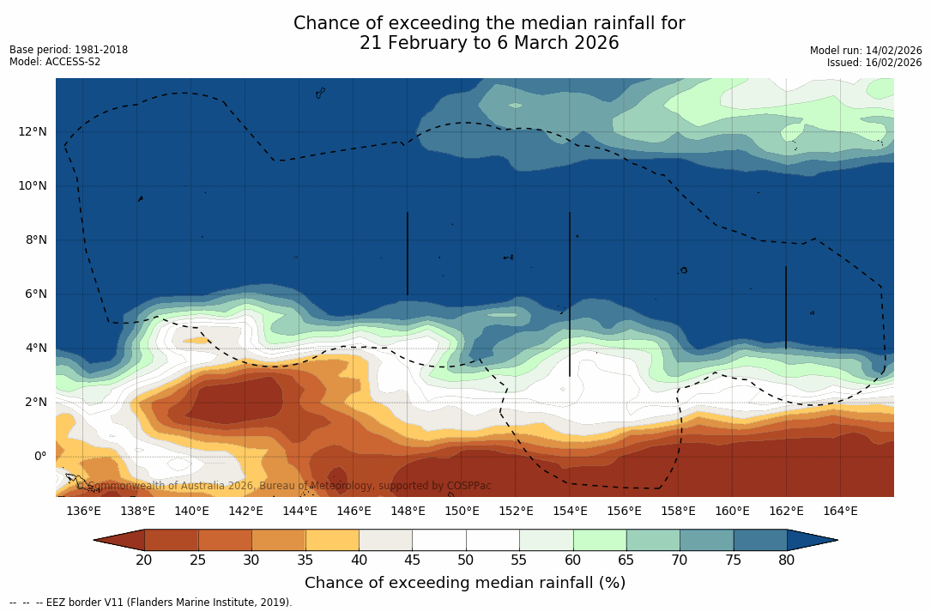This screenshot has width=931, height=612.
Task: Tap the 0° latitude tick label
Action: coord(39,457)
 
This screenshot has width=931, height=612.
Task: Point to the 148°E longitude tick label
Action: coord(408,512)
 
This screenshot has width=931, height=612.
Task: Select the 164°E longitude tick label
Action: coord(840,512)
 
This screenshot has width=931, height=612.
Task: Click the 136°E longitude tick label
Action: coord(83,512)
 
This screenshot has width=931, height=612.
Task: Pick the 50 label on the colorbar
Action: coord(465,560)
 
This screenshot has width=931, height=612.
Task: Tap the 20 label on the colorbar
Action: coord(144,560)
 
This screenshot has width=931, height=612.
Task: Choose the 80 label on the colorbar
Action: coord(786,560)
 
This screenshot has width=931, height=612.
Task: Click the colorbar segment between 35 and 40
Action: coord(332,540)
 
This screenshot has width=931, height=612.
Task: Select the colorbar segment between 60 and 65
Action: coord(599,540)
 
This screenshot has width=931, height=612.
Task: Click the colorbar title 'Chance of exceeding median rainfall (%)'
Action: coord(465,584)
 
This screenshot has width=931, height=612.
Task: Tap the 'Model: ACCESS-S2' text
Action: coord(55,62)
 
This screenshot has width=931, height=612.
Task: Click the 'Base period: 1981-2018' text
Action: coord(69,50)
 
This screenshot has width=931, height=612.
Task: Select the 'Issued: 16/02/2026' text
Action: coord(874,63)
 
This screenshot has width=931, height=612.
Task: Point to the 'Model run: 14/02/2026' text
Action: coord(865,51)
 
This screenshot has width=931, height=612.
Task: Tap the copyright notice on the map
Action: coord(284,486)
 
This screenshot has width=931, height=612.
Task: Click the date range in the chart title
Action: coord(489,44)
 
